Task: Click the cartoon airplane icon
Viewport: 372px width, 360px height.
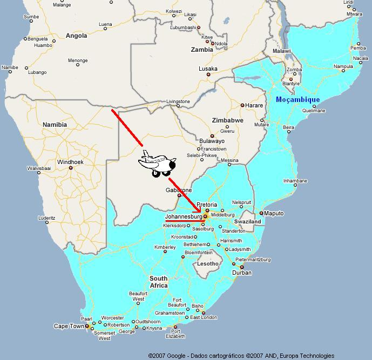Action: point(157,163)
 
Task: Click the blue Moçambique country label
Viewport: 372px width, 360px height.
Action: point(297,100)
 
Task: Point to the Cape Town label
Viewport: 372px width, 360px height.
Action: point(69,326)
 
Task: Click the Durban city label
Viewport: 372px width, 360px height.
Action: point(241,273)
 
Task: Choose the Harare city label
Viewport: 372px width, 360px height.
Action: point(254,105)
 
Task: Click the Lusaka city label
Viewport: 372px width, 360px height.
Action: point(208,69)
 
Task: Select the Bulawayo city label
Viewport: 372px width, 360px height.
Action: point(211,141)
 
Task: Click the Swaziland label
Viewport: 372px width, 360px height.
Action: point(248,222)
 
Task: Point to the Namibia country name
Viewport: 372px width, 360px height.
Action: point(55,124)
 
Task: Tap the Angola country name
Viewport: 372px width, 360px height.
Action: point(76,36)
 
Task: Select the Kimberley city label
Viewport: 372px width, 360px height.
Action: point(165,247)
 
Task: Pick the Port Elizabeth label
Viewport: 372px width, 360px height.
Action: point(175,334)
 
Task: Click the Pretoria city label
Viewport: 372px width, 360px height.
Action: point(207,205)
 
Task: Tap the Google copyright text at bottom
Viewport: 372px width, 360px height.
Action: point(241,356)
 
